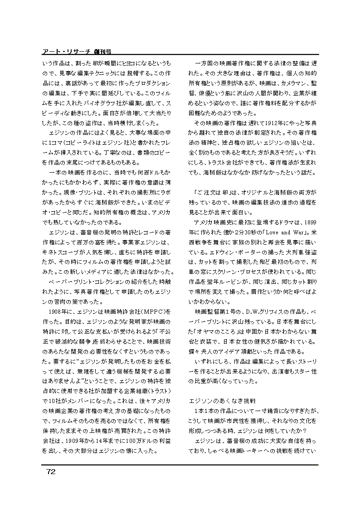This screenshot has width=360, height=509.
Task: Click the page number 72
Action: click(50, 472)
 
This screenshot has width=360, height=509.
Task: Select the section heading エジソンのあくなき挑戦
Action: click(222, 401)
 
